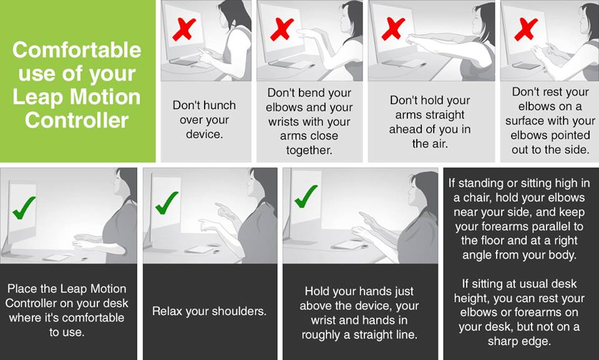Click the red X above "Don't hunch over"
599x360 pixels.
tap(184, 30)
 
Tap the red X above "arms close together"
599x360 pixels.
tap(282, 29)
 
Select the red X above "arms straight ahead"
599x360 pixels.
tap(393, 29)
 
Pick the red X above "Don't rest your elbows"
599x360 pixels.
tap(526, 29)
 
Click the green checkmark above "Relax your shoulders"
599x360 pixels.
tap(167, 203)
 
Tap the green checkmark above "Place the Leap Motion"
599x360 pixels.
tap(24, 208)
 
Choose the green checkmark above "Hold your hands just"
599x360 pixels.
tap(306, 197)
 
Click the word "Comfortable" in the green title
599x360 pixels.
tap(77, 50)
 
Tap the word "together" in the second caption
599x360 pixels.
tap(309, 150)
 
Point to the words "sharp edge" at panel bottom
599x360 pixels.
tap(519, 341)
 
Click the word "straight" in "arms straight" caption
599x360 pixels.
tap(446, 115)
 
